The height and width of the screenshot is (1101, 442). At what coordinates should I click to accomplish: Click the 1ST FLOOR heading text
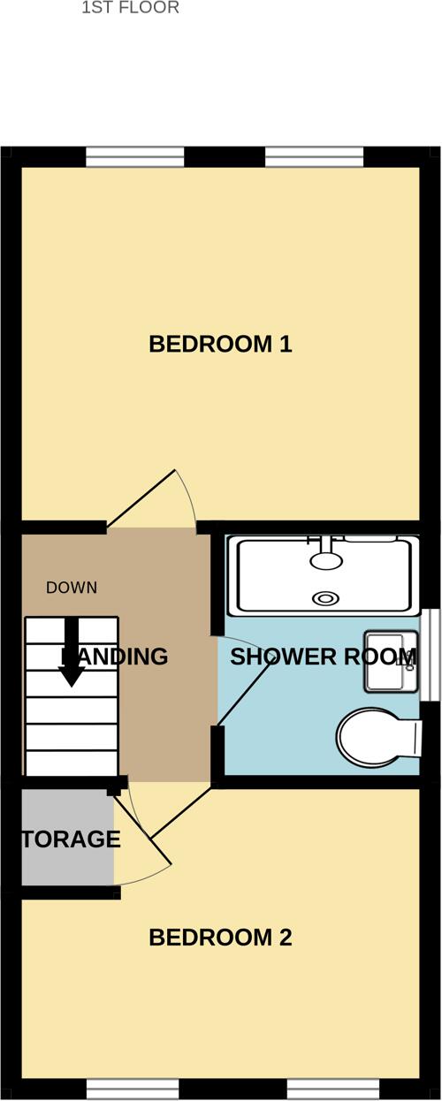point(130,8)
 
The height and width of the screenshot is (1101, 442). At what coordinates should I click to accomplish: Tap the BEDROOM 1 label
point(220,344)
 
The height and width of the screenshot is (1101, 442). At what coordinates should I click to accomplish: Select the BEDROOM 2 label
point(220,938)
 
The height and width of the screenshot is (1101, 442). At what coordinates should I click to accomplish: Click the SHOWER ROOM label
point(323,657)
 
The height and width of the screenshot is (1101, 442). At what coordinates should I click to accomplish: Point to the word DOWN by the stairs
point(72,588)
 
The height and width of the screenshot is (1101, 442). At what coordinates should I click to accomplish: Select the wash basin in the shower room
point(391,662)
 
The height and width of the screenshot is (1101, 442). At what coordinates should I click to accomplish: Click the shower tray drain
point(326,598)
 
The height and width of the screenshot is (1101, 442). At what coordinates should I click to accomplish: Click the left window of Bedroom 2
point(133,1088)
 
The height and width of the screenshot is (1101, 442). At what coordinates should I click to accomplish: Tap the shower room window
point(430,654)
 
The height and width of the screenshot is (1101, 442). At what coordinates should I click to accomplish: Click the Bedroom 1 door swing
point(159,499)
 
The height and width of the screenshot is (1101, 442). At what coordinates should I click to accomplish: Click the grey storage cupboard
point(67,838)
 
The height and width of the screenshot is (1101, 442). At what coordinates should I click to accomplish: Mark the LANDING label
point(115,657)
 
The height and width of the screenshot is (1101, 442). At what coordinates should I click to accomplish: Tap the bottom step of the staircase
point(72,763)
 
